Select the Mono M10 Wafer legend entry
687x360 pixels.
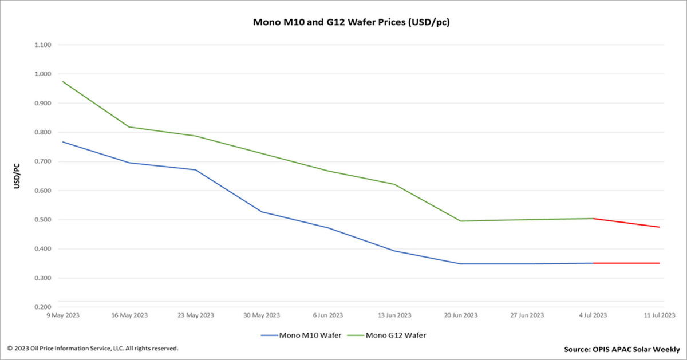pyautogui.click(x=309, y=335)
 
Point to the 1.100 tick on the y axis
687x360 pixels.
pyautogui.click(x=43, y=45)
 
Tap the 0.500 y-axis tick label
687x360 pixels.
pyautogui.click(x=43, y=220)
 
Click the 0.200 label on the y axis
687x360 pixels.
pyautogui.click(x=43, y=307)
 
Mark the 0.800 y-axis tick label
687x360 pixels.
pyautogui.click(x=43, y=132)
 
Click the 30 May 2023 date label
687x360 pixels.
pyautogui.click(x=262, y=315)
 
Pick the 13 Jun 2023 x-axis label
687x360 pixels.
pyautogui.click(x=394, y=315)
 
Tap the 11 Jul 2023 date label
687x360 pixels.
pyautogui.click(x=658, y=315)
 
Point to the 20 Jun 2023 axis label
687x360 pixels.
pyautogui.click(x=461, y=315)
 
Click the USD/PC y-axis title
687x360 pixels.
pyautogui.click(x=17, y=176)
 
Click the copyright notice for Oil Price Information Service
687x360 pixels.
pyautogui.click(x=93, y=348)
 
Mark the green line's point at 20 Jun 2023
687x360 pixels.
pyautogui.click(x=461, y=221)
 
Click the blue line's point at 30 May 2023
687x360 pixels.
pyautogui.click(x=262, y=212)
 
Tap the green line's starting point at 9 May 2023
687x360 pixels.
pyautogui.click(x=62, y=81)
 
